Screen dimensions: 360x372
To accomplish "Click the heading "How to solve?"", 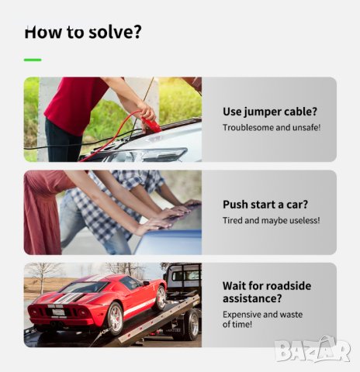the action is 83,32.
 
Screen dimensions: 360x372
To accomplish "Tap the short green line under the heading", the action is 33,60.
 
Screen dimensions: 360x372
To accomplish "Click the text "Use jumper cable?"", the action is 270,112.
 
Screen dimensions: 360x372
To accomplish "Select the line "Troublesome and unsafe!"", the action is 272,127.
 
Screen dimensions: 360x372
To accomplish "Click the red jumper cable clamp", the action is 151,125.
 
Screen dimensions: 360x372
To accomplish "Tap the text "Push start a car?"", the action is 265,205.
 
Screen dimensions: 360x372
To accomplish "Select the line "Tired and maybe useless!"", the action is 272,220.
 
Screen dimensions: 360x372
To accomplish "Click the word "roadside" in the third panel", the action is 289,286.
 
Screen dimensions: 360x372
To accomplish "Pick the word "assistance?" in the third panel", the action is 252,299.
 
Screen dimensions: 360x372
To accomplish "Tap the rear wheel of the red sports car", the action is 115,318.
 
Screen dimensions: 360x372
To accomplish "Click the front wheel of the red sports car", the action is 161,298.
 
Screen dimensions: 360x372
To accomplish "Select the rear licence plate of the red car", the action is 58,312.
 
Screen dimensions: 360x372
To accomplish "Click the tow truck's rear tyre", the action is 192,325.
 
